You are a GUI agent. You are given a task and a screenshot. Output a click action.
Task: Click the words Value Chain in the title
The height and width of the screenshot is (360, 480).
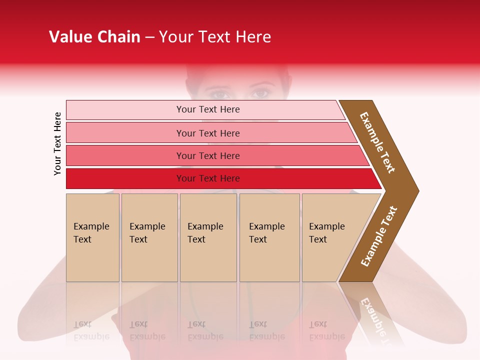[x=94, y=37]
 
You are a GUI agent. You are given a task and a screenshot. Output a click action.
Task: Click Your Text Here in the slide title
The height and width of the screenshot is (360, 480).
[x=215, y=37]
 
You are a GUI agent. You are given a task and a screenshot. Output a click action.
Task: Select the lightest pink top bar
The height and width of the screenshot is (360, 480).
[x=125, y=109]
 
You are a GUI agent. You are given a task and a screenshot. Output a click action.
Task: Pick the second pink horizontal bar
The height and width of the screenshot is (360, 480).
[x=125, y=133]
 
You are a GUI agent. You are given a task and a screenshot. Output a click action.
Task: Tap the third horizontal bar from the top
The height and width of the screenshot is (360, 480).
[x=125, y=155]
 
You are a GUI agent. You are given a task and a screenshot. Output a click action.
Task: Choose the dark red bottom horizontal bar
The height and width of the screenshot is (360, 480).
[x=125, y=178]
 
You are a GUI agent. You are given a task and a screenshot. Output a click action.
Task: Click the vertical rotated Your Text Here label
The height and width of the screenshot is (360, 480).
[x=57, y=144]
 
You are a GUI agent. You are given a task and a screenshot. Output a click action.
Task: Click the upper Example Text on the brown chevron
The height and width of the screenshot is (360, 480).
[x=377, y=142]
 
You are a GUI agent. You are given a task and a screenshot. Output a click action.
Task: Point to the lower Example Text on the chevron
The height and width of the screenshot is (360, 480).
[x=379, y=236]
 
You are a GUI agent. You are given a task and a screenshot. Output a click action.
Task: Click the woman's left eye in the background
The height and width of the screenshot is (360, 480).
[x=259, y=93]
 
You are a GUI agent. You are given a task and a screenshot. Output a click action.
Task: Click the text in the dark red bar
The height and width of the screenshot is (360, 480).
[x=208, y=178]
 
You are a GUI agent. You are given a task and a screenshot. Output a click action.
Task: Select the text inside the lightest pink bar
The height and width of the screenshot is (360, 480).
[x=208, y=109]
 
